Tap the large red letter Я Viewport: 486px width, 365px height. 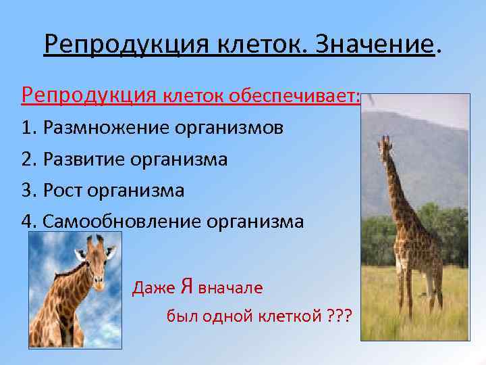tap(188, 287)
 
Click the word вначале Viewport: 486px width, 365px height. tap(230, 288)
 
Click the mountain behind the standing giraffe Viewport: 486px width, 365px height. tap(432, 155)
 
